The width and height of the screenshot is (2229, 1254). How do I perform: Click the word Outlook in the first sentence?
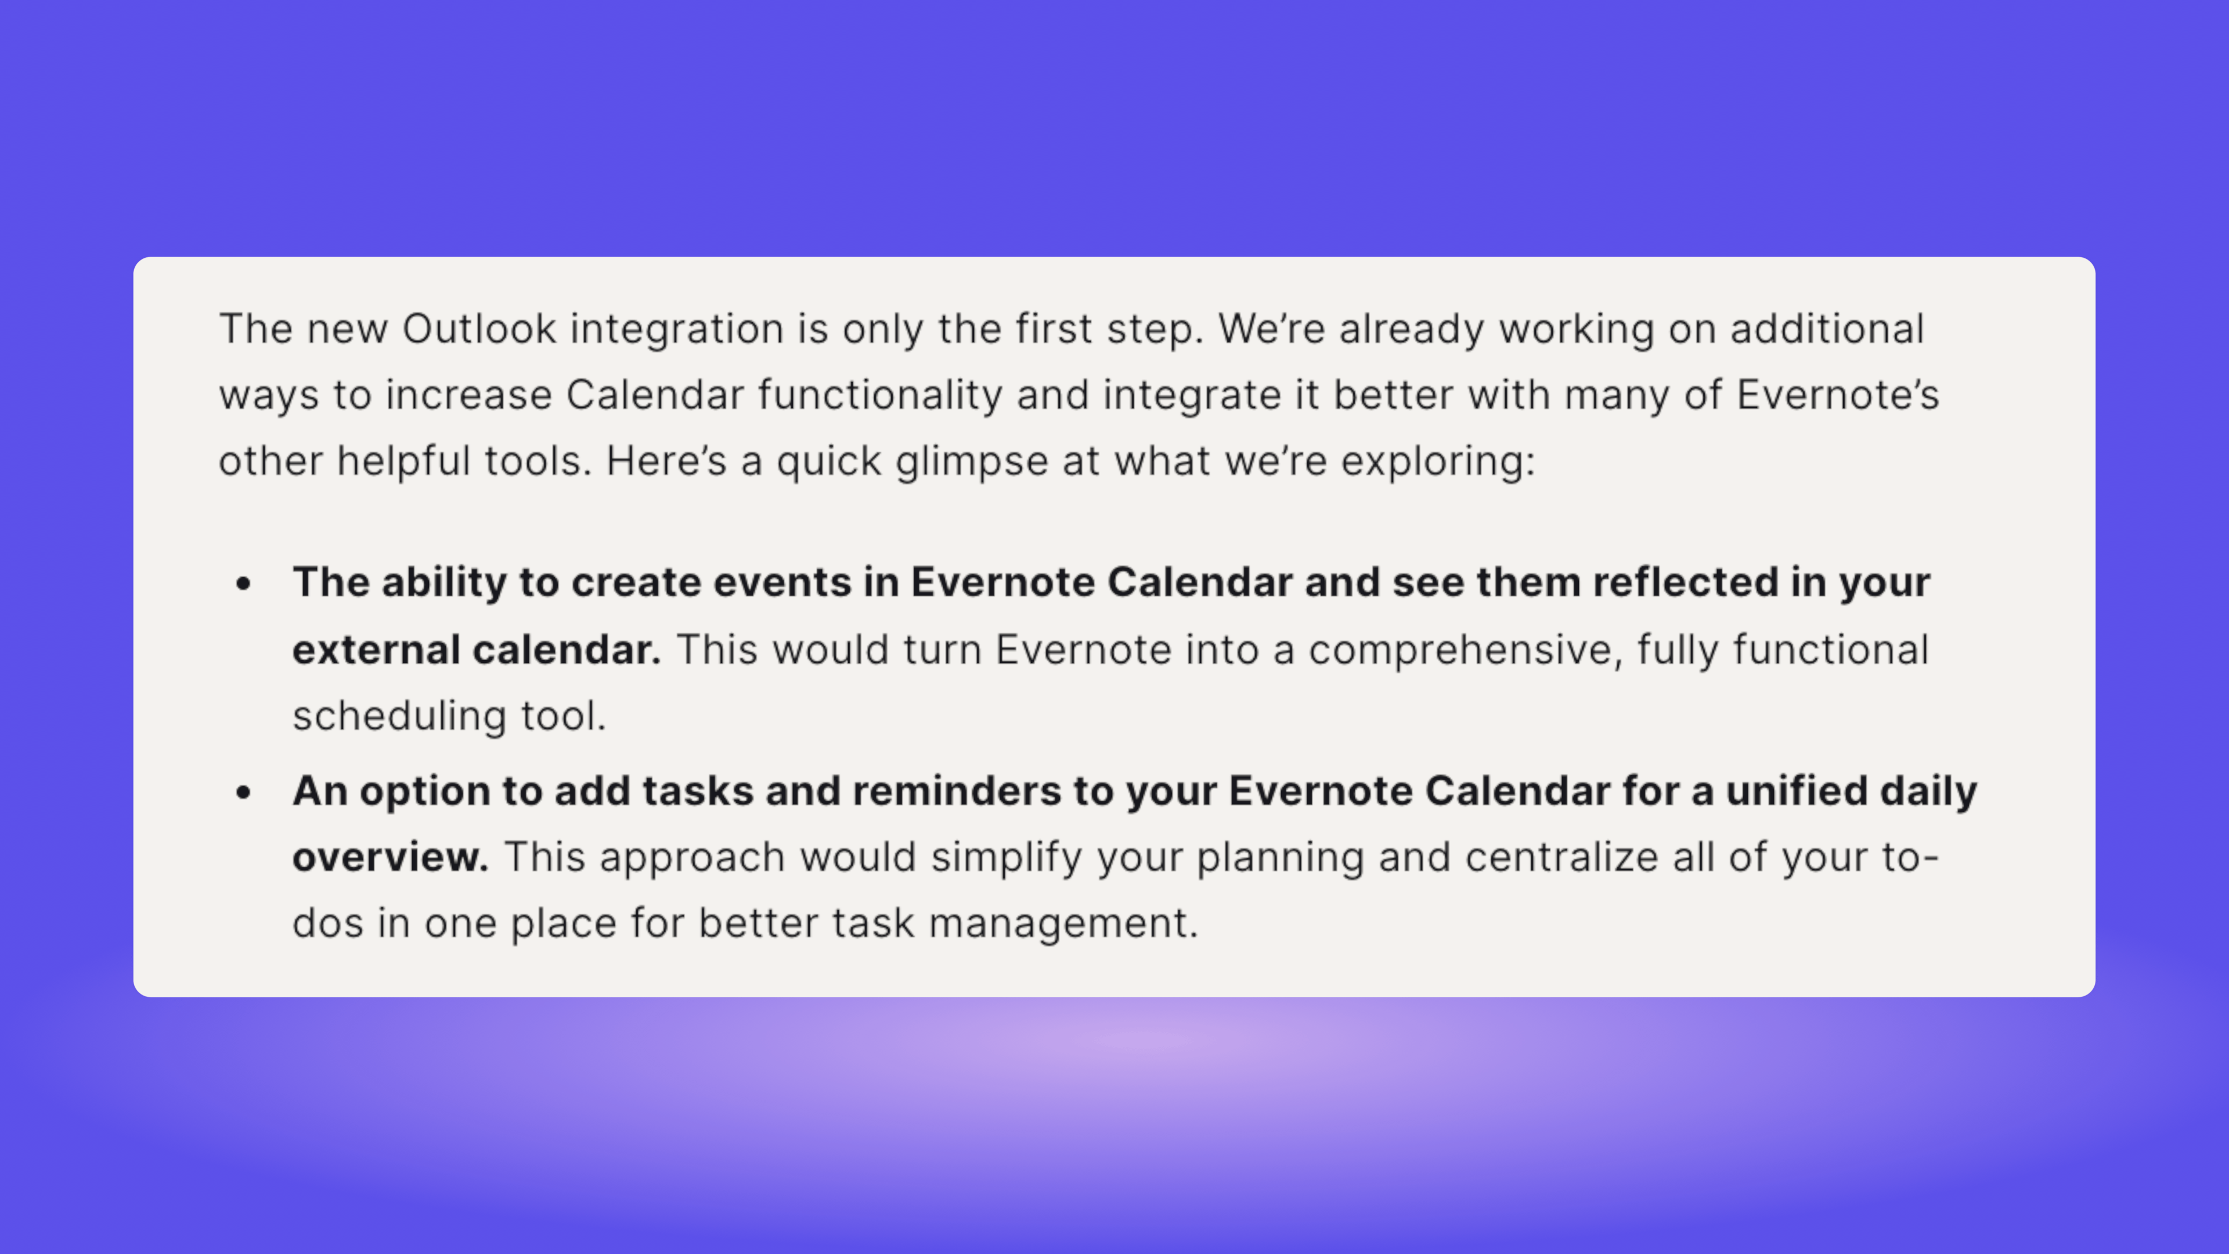tap(478, 329)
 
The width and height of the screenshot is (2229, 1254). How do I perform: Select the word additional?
tap(1827, 329)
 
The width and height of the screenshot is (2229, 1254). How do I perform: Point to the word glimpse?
tap(972, 462)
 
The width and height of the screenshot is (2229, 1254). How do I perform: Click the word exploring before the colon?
tap(1434, 462)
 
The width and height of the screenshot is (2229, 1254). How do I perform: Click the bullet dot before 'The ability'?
tap(243, 584)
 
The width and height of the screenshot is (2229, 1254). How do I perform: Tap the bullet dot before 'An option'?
tap(243, 792)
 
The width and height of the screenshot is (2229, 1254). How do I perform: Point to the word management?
tap(1063, 924)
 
